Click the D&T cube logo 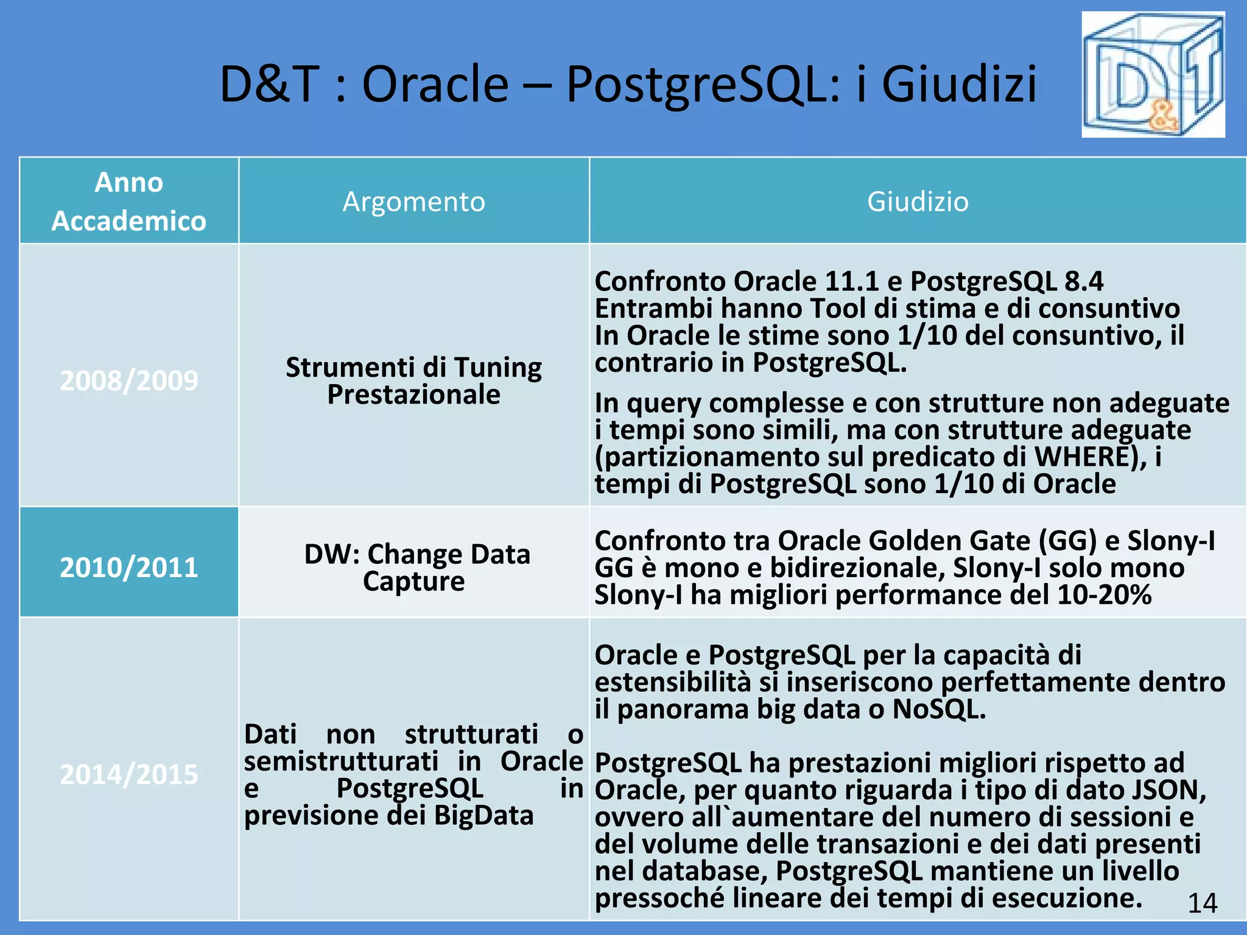tap(1153, 75)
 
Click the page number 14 tap(1202, 903)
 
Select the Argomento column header tap(413, 201)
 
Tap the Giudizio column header tap(917, 201)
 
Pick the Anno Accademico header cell tap(129, 201)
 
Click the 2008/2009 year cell tap(129, 380)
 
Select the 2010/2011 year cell tap(129, 567)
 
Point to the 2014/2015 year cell tap(129, 774)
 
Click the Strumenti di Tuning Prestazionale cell tap(413, 380)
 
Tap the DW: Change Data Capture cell tap(416, 567)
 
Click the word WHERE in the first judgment tap(1081, 457)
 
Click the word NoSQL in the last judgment tap(938, 709)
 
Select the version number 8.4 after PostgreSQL tap(1084, 281)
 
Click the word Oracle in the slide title tap(435, 84)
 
